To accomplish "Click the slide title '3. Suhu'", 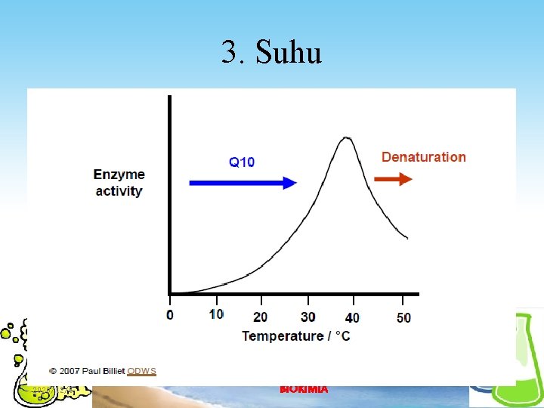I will [272, 53].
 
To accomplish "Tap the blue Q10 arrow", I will [242, 182].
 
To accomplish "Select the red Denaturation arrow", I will [394, 179].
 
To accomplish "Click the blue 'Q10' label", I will [242, 162].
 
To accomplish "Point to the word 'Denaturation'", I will [423, 157].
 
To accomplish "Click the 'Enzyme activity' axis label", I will [119, 183].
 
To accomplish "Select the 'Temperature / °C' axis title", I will [295, 335].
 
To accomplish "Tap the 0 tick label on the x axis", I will [170, 315].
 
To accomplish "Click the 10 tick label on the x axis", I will [216, 314].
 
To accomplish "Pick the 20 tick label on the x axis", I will [260, 317].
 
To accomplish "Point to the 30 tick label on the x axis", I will [308, 317].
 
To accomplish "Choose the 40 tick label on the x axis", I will [352, 317].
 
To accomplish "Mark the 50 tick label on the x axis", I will [403, 317].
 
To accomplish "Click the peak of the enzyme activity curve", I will [346, 138].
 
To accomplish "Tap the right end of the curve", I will [407, 238].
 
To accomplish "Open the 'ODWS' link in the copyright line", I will [141, 371].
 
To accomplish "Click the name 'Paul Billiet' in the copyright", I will [103, 371].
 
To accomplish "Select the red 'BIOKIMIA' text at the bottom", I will [304, 389].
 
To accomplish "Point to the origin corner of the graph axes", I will [169, 294].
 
